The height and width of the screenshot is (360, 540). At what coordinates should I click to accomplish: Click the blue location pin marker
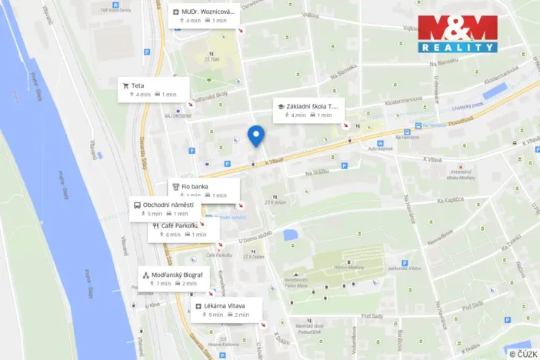click(256, 135)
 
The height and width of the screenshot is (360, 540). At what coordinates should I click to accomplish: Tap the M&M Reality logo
click(457, 34)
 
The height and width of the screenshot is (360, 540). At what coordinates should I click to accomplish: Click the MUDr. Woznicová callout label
click(205, 16)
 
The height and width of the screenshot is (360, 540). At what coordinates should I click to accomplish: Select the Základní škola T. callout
click(307, 110)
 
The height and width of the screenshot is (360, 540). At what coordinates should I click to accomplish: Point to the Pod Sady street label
click(372, 315)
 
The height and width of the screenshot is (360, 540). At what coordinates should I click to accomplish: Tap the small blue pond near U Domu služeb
click(290, 234)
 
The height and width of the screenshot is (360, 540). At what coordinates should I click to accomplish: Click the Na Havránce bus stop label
click(434, 125)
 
